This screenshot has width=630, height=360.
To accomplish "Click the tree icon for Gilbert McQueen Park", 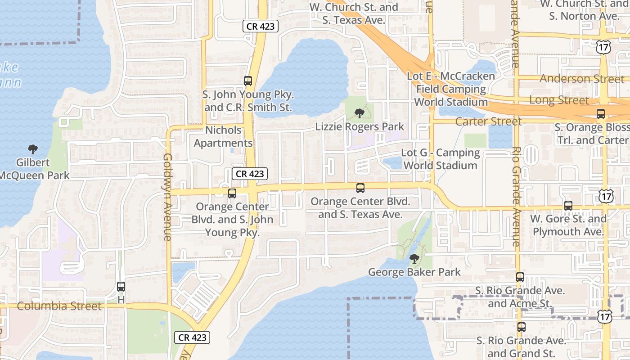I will tap(32, 149).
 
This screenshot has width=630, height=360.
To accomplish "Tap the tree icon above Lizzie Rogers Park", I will tap(359, 113).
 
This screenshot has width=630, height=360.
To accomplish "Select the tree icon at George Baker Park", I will tap(414, 259).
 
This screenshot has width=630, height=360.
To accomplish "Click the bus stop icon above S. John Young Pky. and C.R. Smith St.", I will tap(248, 81).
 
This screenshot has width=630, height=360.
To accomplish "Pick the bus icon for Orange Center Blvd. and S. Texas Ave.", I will tap(360, 188).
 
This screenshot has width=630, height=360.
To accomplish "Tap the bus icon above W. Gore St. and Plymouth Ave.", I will tap(568, 206).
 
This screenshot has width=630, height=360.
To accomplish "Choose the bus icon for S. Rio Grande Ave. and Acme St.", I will tap(520, 277).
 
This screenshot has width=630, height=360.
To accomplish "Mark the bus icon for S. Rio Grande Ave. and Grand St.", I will tap(522, 327).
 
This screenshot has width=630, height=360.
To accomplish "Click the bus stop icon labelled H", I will tap(121, 287).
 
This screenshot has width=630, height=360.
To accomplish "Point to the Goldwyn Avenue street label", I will tap(168, 197).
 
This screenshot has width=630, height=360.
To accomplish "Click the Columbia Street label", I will tap(59, 306).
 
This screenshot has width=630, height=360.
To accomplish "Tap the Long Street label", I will tap(559, 100).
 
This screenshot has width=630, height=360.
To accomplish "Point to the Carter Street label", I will tap(488, 121).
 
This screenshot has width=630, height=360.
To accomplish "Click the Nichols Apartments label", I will tap(223, 136).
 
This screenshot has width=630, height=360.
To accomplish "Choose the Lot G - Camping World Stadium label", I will tap(440, 159).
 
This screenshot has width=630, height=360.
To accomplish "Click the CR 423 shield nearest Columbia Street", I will tap(192, 337).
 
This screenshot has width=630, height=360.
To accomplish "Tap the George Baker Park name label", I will tap(414, 272).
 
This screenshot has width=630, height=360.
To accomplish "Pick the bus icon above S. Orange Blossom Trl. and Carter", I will tap(600, 114).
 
